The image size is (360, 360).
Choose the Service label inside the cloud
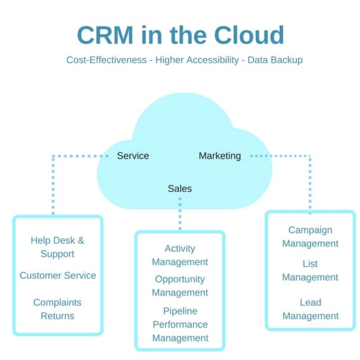coord(133,156)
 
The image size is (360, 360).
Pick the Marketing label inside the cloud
coord(219,156)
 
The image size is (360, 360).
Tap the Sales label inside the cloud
coord(179,188)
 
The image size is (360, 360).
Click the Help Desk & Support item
coord(57,247)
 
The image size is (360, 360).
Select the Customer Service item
coord(58,275)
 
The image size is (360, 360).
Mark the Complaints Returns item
coord(57,309)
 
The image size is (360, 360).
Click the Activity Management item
coord(180,255)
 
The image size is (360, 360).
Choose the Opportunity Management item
coord(180,286)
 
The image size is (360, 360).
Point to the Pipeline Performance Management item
coord(180,325)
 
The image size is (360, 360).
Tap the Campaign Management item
coord(310,237)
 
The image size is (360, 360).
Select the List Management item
coord(310,271)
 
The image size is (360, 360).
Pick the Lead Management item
coord(310,309)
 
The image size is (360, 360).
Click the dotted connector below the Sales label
coord(180,213)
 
